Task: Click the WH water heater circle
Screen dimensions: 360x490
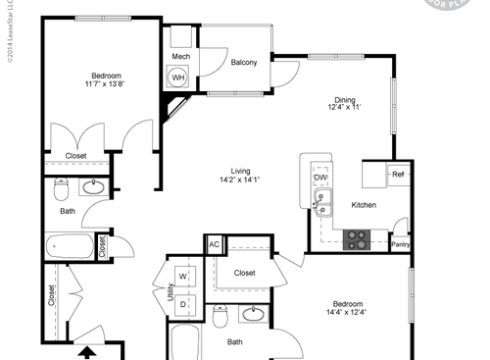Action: click(179, 77)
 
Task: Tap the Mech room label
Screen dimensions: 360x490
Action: click(180, 58)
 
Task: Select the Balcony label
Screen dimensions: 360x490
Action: click(244, 63)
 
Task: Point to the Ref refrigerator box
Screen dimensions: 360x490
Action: click(398, 175)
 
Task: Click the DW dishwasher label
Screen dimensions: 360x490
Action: click(320, 178)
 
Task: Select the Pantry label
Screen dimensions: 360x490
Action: click(400, 245)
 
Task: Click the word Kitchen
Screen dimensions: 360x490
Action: click(365, 205)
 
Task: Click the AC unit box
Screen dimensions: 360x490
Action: click(214, 244)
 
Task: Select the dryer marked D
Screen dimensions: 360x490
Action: click(183, 304)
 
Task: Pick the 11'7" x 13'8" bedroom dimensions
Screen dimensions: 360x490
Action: click(106, 84)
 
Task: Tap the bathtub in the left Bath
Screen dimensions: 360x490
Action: click(68, 246)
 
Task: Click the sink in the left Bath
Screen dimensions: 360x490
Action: click(95, 186)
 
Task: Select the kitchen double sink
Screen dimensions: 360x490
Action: click(321, 202)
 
